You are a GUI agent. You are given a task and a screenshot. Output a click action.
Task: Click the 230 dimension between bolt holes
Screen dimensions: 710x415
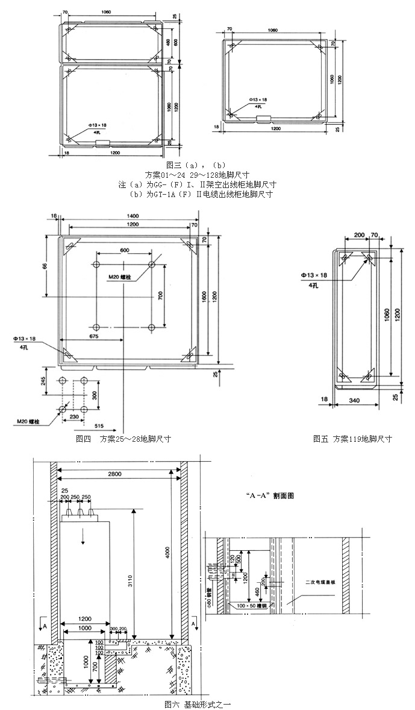coord(73,416)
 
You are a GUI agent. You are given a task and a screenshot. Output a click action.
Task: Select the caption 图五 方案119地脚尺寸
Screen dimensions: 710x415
coord(352,439)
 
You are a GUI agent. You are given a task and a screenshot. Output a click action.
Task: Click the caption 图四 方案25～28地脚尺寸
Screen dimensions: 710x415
coord(123,439)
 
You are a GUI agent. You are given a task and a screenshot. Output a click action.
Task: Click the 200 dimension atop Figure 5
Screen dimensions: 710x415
coord(360,234)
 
